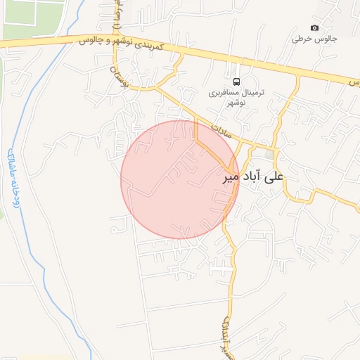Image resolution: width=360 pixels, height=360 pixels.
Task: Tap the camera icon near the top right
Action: (314, 27)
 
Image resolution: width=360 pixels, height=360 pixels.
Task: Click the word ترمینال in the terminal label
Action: (250, 92)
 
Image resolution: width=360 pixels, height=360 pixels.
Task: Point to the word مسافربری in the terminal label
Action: (224, 92)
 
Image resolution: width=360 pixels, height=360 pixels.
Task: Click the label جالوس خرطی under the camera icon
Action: (307, 39)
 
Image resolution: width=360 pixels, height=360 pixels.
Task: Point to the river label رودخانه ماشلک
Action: (13, 176)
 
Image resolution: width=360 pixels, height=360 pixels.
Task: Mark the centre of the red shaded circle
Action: (180, 179)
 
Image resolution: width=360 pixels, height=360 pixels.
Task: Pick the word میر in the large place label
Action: (231, 177)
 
